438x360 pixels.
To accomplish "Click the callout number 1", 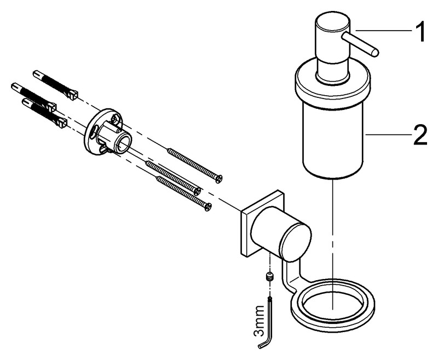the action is (x=419, y=32).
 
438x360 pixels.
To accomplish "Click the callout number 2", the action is (x=420, y=135).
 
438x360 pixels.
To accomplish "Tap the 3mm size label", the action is (x=259, y=321).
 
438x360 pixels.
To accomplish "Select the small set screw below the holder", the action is (x=268, y=277).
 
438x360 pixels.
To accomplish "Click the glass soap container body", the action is (x=333, y=142).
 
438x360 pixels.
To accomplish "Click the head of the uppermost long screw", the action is (x=218, y=179).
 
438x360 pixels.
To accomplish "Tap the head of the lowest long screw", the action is (x=208, y=206).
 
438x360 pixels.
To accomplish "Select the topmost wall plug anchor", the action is (x=56, y=85).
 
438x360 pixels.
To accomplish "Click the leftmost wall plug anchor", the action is (x=33, y=96).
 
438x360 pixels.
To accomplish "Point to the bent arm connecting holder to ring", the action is (x=291, y=276).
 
